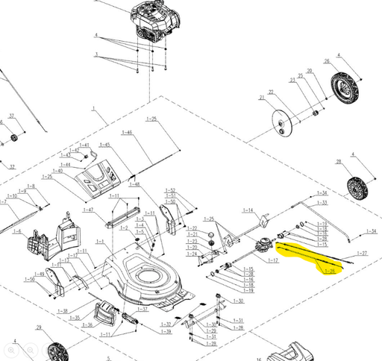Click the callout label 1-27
point(363,254)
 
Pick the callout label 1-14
point(248,210)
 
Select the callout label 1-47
point(88,210)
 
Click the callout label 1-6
point(17,231)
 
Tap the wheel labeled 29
point(57,351)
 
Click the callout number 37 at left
point(11,116)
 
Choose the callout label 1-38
point(63,310)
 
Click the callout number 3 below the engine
point(96,54)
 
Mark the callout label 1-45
point(104,145)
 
